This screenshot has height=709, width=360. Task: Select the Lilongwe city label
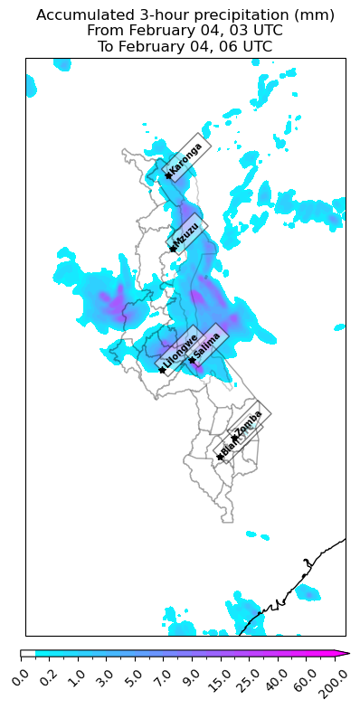[180, 350]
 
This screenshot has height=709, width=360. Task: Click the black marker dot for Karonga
[168, 175]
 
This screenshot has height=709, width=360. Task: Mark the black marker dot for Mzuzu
[170, 249]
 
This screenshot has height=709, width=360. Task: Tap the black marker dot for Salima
[192, 360]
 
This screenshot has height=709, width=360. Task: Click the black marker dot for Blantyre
[220, 457]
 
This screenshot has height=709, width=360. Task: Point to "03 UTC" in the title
[274, 32]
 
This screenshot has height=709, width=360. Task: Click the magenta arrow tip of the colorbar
[345, 653]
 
